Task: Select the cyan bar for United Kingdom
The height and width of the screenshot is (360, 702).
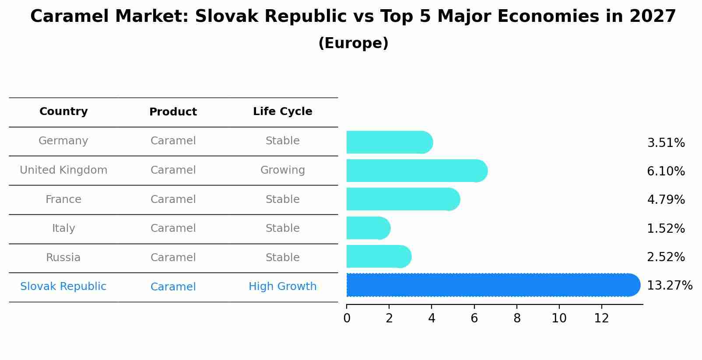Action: tap(416, 171)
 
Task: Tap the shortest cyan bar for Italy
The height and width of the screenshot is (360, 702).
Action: tap(368, 228)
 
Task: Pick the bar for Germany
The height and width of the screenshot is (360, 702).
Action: tap(389, 142)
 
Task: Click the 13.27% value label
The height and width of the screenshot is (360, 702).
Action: tap(669, 286)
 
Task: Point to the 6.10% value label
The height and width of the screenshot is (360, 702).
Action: tap(666, 171)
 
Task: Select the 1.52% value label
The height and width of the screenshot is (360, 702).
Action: tap(666, 228)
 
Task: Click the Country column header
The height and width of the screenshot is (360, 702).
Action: tap(63, 112)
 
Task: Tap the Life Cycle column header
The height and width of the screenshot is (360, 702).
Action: tap(282, 112)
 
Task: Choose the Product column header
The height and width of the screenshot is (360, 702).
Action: tap(173, 112)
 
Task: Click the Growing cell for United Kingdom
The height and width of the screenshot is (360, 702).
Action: tap(282, 170)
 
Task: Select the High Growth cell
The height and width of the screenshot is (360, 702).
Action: tap(282, 287)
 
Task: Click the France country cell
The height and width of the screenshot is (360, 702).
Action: tap(63, 199)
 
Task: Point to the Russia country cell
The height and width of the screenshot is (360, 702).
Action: tap(63, 258)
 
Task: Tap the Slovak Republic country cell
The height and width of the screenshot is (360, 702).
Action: tap(63, 287)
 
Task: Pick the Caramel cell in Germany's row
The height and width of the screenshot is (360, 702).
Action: tap(173, 141)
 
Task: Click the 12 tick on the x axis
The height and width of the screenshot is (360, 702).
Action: tap(601, 318)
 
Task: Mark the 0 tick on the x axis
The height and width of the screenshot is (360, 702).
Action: tap(347, 318)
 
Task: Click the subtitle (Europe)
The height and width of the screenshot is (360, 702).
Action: tap(353, 43)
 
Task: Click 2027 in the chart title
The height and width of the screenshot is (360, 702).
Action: tap(653, 17)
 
